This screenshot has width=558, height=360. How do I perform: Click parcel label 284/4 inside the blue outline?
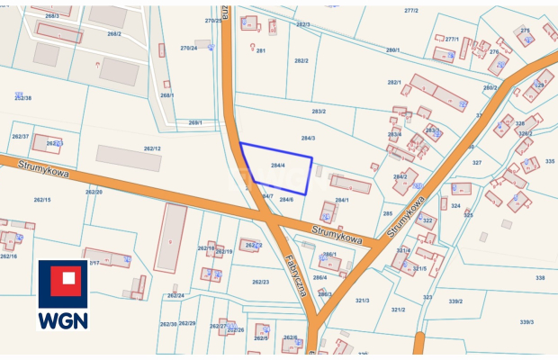click(x=278, y=166)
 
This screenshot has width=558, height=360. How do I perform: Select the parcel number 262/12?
click(x=152, y=148)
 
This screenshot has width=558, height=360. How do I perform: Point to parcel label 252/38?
click(x=22, y=97)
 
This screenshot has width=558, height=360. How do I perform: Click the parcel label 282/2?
click(x=301, y=61)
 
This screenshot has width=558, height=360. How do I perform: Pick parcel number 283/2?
click(x=319, y=112)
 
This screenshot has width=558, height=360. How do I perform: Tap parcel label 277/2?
click(x=411, y=11)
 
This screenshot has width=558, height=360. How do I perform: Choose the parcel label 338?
click(x=540, y=278)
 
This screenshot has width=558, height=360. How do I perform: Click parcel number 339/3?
click(x=526, y=321)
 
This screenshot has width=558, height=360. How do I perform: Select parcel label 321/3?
click(x=363, y=301)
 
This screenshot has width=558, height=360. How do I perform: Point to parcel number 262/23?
click(x=261, y=283)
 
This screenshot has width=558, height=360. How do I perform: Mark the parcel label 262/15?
click(x=42, y=200)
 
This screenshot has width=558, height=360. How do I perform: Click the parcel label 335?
click(x=550, y=161)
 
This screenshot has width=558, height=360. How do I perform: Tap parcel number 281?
click(x=261, y=51)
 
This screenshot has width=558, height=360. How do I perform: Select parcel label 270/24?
click(x=188, y=48)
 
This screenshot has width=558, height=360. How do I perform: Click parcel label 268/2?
click(x=113, y=33)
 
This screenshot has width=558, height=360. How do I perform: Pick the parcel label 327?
click(x=477, y=163)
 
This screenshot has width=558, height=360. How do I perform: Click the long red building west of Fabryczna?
click(x=169, y=238)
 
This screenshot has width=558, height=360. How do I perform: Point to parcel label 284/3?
click(x=308, y=139)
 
